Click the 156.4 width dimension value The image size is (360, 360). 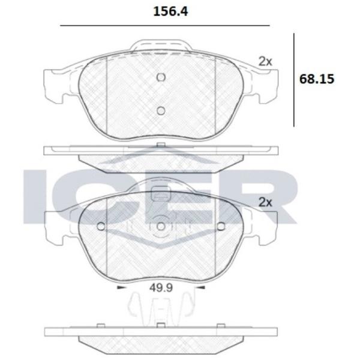pyautogui.click(x=170, y=11)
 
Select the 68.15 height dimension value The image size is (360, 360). pyautogui.click(x=317, y=79)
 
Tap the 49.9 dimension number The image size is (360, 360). pyautogui.click(x=161, y=287)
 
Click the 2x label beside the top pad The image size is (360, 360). pyautogui.click(x=265, y=62)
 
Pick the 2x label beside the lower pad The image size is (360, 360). pyautogui.click(x=265, y=202)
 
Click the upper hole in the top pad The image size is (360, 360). pyautogui.click(x=161, y=77)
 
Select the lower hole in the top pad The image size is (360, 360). pyautogui.click(x=161, y=111)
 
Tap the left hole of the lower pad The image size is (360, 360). pyautogui.click(x=101, y=226)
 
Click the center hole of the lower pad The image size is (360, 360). pyautogui.click(x=161, y=226)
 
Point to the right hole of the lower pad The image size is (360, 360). pyautogui.click(x=221, y=226)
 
